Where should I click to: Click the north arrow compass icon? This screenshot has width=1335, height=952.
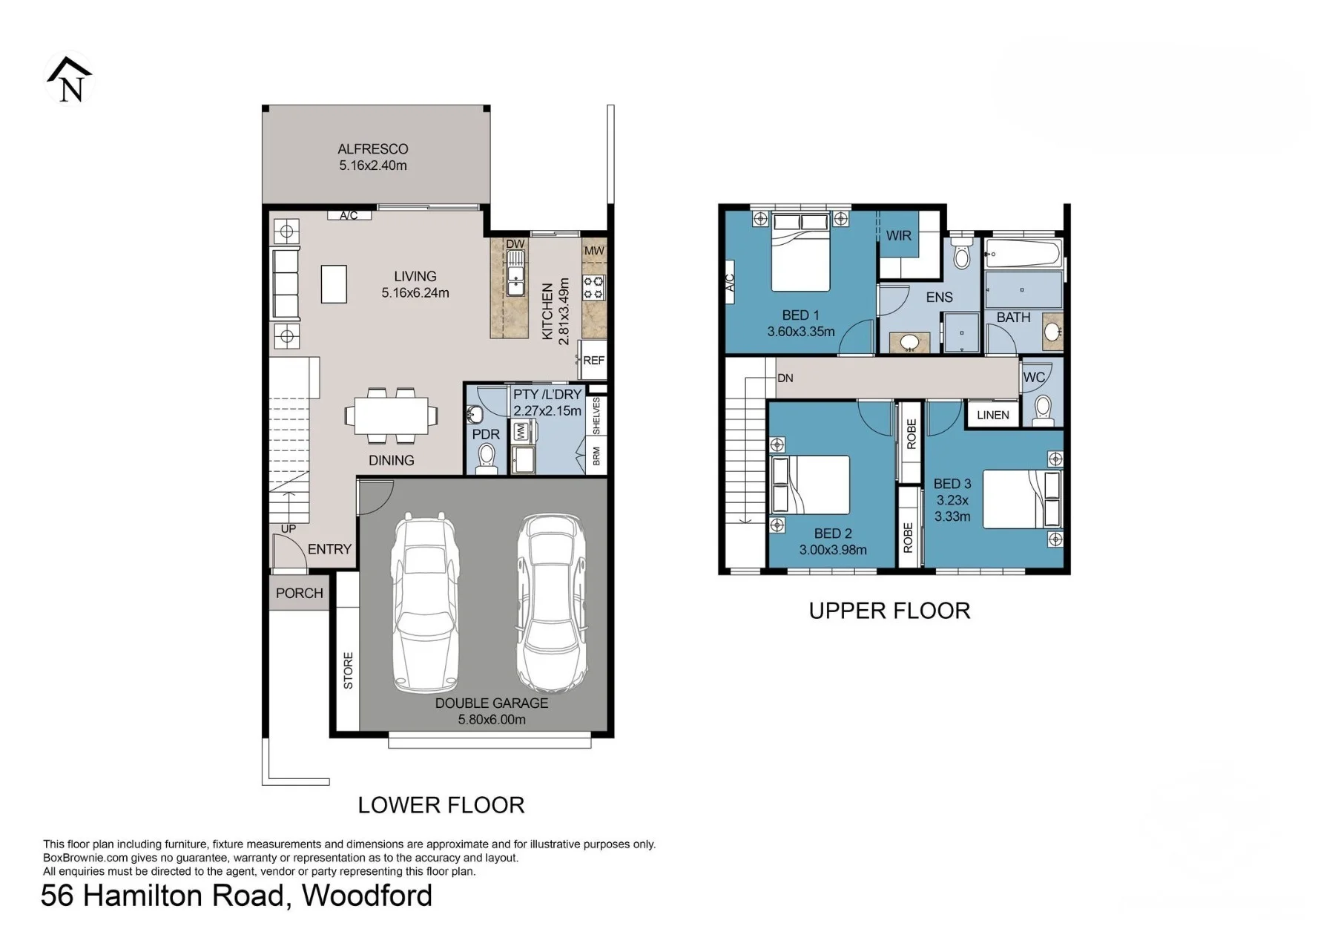[x=70, y=79]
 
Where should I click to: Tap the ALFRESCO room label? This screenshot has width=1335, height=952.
[x=373, y=149]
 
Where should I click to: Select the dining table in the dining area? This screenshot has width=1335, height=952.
[x=391, y=416]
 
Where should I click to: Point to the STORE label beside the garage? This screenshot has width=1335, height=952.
[x=348, y=671]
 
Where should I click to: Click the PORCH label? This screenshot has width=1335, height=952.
[x=300, y=593]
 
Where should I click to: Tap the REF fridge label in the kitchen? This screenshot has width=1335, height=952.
[x=594, y=361]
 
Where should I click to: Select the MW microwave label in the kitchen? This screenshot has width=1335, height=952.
[x=594, y=251]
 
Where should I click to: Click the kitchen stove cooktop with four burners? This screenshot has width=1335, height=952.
[x=594, y=287]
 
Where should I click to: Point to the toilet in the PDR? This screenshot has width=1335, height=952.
[x=487, y=457]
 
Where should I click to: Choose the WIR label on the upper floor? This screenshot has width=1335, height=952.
[x=899, y=236]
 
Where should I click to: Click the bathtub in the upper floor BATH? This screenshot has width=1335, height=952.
[x=1024, y=253]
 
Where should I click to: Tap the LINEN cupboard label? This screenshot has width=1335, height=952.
[x=993, y=415]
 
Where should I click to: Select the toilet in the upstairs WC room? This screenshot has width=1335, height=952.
[x=1043, y=410]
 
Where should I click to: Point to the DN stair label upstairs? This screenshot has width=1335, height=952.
[x=785, y=378]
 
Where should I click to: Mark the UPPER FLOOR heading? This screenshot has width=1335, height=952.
[x=889, y=611]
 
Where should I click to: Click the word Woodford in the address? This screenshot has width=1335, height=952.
[x=367, y=896]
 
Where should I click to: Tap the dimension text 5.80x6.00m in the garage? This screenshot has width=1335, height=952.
[x=492, y=719]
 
